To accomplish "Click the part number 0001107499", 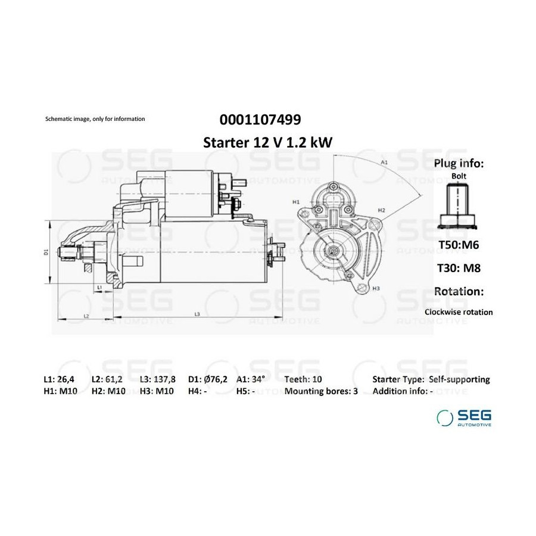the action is tap(260, 120).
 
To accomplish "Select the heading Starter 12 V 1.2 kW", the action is tap(267, 142).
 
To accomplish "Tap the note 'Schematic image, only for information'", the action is tap(95, 119).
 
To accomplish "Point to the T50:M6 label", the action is tap(459, 245).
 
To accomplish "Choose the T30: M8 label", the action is tap(459, 268).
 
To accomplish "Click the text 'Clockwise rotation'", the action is tap(459, 312).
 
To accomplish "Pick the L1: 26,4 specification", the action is tap(59, 379).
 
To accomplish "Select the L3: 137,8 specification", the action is tap(158, 379).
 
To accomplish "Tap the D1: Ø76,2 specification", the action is tap(207, 379).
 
